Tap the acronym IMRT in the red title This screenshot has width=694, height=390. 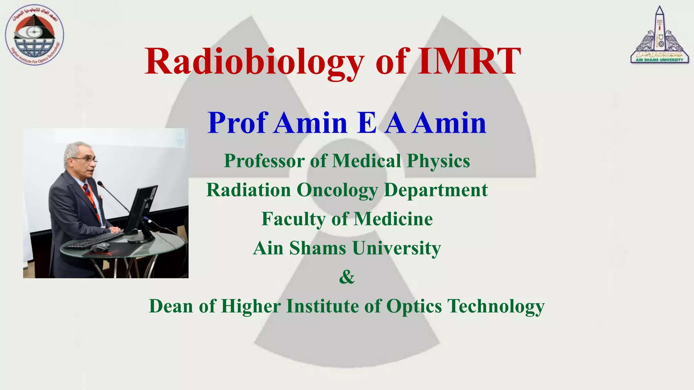point(469,62)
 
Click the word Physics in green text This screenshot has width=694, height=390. point(438,161)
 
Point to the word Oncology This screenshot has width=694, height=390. point(337,190)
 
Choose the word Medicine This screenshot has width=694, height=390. point(393,219)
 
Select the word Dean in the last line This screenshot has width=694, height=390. point(171,306)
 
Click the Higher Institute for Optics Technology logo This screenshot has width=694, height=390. point(34,36)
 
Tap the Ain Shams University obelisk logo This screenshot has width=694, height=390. point(659,36)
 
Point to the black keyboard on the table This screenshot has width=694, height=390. point(94,240)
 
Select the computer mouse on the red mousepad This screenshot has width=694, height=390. point(101,247)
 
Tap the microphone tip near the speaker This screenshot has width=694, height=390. point(100,183)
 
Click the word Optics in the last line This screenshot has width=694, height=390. point(414,306)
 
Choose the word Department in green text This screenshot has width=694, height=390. point(435,190)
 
